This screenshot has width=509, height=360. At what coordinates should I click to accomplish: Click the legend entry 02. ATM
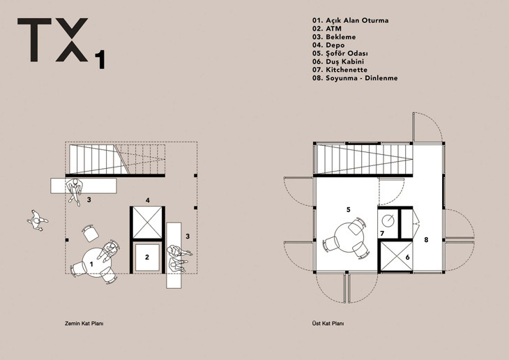[x=327, y=29]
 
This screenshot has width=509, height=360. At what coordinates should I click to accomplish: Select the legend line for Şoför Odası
[x=340, y=53]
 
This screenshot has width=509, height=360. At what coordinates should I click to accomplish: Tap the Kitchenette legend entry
[x=340, y=70]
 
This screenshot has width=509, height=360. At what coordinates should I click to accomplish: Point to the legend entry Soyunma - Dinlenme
[x=355, y=78]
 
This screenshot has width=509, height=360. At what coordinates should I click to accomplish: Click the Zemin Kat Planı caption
[x=84, y=324]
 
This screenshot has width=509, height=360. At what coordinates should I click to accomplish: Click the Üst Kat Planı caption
[x=328, y=324]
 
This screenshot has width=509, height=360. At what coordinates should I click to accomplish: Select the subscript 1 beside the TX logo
[x=100, y=60]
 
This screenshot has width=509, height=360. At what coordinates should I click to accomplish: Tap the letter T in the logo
[x=34, y=40]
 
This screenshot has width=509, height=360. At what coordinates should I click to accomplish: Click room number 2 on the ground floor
[x=147, y=257]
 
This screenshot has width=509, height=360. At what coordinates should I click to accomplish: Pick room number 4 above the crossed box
[x=148, y=200]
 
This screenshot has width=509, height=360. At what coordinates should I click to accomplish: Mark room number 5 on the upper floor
[x=349, y=209]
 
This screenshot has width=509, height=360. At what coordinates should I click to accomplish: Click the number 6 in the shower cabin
[x=407, y=257]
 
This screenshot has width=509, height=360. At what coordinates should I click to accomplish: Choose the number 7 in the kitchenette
[x=382, y=233]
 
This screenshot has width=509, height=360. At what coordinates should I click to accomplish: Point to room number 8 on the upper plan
[x=426, y=240]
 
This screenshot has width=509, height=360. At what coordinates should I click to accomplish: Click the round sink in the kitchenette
[x=388, y=221]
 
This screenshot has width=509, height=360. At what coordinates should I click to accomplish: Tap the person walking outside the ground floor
[x=37, y=221]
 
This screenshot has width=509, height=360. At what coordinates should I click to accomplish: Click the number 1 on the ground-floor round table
[x=91, y=264]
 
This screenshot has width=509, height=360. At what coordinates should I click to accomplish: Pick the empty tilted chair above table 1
[x=90, y=232]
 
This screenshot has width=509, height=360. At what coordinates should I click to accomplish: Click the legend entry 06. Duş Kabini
[x=338, y=61]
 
